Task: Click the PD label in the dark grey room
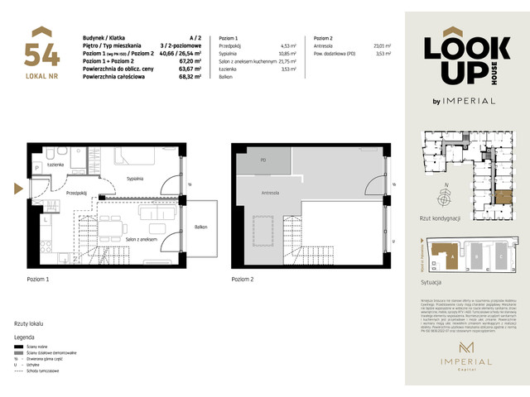click(263, 160)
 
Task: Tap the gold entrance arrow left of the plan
click(17, 187)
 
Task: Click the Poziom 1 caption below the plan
click(38, 280)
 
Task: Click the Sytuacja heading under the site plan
click(433, 282)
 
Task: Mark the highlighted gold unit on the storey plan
click(503, 195)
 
